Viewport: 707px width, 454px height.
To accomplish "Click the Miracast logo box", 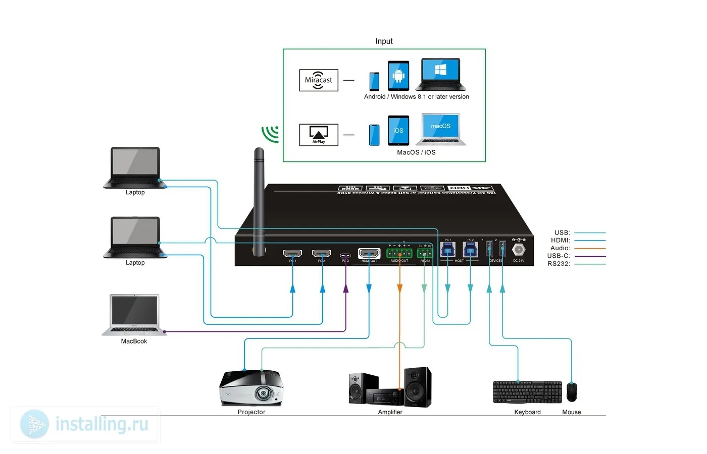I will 319,80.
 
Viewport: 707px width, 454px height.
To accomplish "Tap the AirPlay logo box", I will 319,135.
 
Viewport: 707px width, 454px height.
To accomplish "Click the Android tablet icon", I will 398,76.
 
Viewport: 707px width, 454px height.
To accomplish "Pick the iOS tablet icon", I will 398,131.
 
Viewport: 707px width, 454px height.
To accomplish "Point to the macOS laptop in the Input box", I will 441,130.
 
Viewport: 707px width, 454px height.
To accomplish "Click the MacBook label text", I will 134,342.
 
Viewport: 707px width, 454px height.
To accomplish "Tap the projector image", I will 251,388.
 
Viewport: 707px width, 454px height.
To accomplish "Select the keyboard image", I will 527,392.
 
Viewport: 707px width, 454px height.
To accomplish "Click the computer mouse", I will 572,392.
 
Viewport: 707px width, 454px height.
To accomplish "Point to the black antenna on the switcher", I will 259,202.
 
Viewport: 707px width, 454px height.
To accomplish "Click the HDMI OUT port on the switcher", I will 369,253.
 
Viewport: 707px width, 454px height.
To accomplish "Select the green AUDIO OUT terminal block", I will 399,253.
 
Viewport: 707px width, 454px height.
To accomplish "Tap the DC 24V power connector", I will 519,250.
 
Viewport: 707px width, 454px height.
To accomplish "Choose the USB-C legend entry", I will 559,256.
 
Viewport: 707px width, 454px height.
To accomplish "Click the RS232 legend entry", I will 559,264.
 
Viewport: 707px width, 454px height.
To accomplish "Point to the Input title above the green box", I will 384,41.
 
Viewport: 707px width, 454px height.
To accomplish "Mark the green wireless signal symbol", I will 271,134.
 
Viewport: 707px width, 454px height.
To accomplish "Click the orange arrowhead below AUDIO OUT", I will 399,288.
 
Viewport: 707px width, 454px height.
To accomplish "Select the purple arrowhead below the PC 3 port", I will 346,288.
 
